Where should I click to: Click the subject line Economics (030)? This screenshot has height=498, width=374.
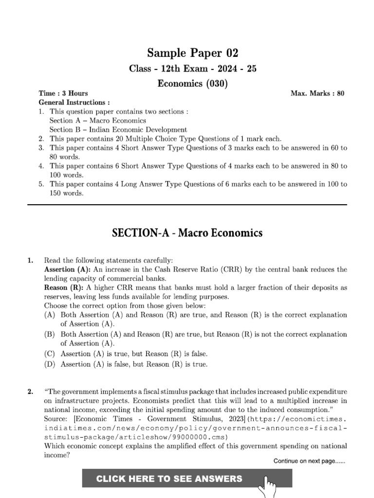tap(193, 83)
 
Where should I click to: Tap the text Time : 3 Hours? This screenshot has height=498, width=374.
tap(63, 93)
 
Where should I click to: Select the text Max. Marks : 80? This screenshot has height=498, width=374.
tap(318, 93)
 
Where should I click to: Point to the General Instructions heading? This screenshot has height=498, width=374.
tap(74, 103)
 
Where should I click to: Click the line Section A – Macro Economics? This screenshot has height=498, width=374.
tap(97, 121)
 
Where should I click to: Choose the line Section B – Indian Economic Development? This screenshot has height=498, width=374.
tap(118, 130)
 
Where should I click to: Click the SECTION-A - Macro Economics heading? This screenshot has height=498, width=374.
tap(187, 233)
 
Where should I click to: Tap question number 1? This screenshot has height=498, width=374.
tap(31, 261)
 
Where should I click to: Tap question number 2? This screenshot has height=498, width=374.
tap(31, 391)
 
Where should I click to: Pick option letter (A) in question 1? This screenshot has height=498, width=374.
tap(50, 315)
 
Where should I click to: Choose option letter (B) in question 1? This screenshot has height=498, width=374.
tap(50, 335)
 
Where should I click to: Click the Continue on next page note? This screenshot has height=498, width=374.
tap(309, 461)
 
